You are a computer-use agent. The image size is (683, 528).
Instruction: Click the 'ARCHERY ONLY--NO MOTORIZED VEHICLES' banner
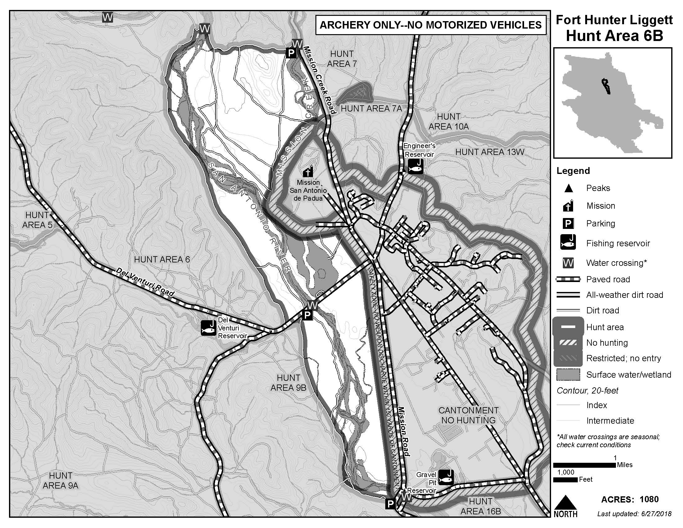(x=431, y=25)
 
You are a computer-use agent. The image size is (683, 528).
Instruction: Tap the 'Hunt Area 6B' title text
(x=614, y=36)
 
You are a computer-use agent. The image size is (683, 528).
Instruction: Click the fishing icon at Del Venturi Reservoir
(x=209, y=328)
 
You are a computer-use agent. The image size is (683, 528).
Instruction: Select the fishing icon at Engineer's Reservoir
(x=416, y=166)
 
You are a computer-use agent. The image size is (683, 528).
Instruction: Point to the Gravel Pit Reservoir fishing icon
(x=446, y=477)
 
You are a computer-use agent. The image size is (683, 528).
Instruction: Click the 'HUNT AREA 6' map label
(x=162, y=259)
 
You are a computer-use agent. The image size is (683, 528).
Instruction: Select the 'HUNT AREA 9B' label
(x=288, y=383)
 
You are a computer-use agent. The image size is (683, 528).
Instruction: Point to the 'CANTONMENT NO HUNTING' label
(x=468, y=415)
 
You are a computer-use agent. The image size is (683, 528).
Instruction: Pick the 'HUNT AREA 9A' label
(x=60, y=480)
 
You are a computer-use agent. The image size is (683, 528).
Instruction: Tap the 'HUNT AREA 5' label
(x=37, y=220)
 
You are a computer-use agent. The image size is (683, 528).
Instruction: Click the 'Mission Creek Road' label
(x=319, y=80)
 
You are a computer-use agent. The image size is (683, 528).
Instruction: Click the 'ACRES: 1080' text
(x=630, y=499)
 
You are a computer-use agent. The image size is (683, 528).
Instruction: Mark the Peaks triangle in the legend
(x=568, y=188)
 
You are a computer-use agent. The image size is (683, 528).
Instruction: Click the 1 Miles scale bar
(x=585, y=465)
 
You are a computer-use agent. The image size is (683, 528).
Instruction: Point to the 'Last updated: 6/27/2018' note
(x=634, y=514)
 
